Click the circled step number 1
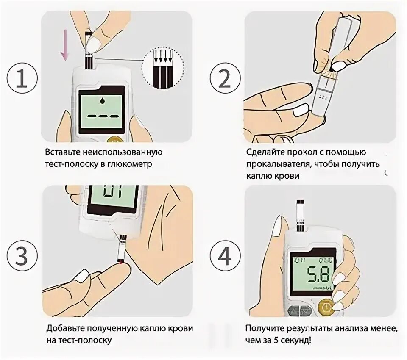point(22,78)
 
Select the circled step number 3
point(22,255)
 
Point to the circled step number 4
point(225,255)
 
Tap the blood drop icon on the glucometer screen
point(101,101)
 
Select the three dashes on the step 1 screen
point(101,116)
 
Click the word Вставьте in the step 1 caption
point(63,152)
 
